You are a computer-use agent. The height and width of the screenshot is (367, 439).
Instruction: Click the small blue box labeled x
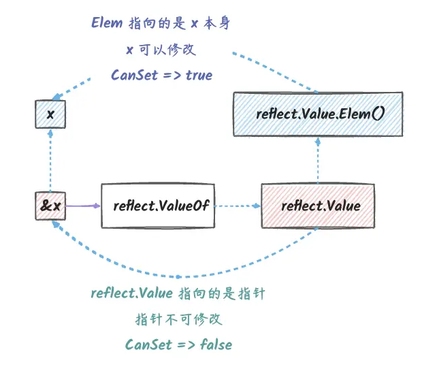(50, 114)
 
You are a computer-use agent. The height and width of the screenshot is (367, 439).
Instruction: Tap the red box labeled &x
(50, 206)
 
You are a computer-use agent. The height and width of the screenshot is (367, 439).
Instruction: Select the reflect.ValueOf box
(158, 206)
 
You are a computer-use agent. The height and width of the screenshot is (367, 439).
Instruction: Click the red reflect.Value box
(318, 206)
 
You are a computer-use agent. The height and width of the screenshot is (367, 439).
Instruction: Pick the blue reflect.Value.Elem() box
(318, 114)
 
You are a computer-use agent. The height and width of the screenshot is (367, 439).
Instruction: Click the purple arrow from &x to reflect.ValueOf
(83, 206)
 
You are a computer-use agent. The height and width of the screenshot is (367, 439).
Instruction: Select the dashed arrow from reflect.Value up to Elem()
(318, 160)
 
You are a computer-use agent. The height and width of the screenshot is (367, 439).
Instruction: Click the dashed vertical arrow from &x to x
(50, 160)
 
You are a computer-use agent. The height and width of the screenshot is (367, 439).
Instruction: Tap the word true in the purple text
(199, 75)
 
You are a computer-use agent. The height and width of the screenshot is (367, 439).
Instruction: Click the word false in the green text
(216, 345)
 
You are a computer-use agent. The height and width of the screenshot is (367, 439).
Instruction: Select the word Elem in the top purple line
(107, 22)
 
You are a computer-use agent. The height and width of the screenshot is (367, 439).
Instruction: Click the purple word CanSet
(134, 75)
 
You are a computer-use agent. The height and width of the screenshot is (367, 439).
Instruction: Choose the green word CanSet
(148, 345)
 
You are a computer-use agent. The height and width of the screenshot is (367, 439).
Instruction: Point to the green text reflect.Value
(132, 293)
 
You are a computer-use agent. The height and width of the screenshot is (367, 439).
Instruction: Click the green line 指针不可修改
(178, 319)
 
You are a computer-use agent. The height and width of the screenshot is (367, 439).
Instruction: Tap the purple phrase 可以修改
(167, 50)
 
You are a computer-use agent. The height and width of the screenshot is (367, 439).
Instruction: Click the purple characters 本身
(216, 23)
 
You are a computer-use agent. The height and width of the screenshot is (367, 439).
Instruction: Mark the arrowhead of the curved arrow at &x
(55, 224)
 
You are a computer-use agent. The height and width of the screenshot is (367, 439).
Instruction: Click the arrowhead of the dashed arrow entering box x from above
(56, 97)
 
